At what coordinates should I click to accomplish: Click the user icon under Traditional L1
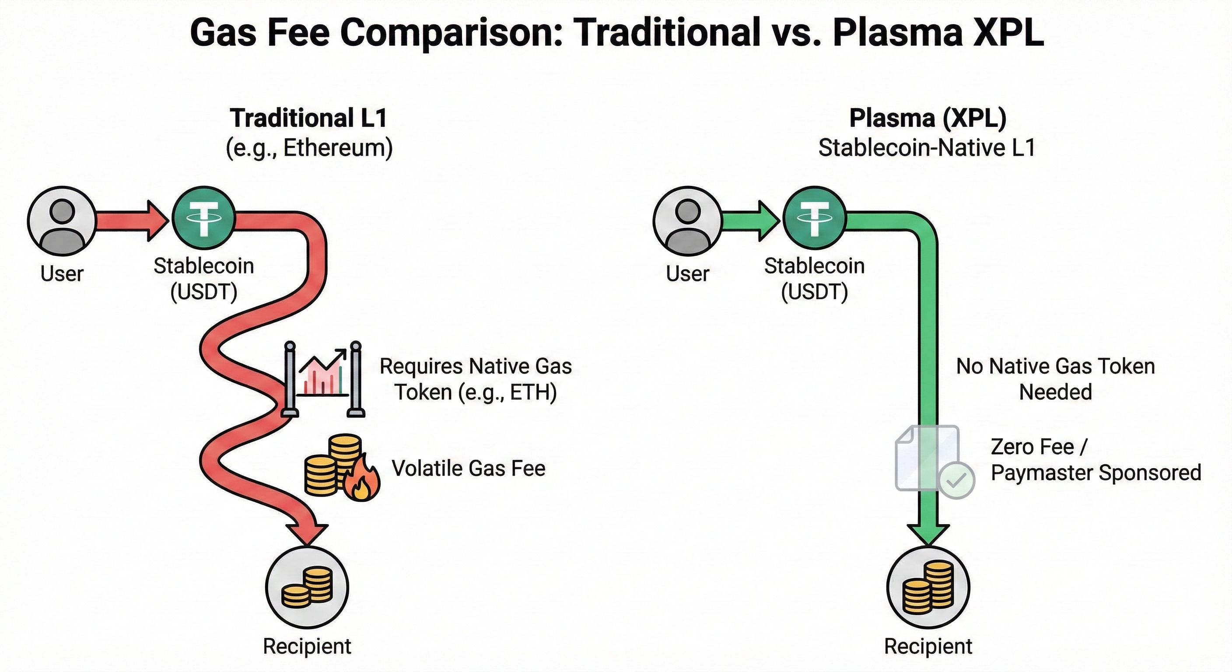62,221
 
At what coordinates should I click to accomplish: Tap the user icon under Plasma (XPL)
687,221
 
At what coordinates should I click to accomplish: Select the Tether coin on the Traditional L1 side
204,217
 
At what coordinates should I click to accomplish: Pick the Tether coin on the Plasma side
815,217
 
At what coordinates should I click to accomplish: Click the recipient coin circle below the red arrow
307,587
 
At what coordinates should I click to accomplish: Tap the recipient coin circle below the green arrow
928,587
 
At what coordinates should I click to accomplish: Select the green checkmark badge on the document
956,481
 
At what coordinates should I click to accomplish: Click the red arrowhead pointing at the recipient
308,533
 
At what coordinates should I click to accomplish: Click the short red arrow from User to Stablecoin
133,221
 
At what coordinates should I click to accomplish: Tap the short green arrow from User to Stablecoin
751,221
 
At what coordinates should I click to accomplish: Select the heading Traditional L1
308,118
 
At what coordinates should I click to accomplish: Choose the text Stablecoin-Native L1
927,148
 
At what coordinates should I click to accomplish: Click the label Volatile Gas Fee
469,468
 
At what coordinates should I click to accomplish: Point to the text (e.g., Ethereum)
309,148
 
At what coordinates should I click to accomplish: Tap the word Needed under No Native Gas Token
1056,392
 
